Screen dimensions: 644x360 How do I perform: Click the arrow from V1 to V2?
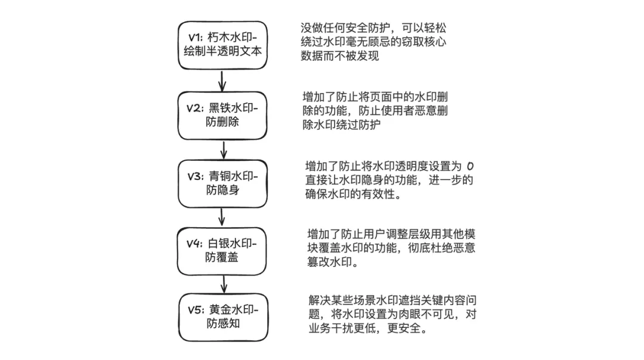coord(222,81)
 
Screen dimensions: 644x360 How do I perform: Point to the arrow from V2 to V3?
coord(224,150)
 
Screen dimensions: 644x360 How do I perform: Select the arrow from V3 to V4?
coord(222,217)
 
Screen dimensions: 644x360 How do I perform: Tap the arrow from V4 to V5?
coord(224,284)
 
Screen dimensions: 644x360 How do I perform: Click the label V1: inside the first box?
coord(196,38)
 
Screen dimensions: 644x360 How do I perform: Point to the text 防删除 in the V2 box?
coord(222,122)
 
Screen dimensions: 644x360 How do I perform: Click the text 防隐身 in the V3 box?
coord(222,190)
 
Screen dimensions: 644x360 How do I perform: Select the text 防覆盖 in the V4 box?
coord(222,257)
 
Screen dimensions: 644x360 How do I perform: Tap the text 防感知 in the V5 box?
coord(223,324)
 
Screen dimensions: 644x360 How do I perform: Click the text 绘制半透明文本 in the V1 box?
coord(222,51)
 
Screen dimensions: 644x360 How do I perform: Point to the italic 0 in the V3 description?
coord(470,166)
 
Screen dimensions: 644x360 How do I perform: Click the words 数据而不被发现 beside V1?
coord(340,56)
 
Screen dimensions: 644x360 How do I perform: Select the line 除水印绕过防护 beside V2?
coord(341,125)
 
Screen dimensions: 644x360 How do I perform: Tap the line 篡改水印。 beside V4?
coord(333,262)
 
